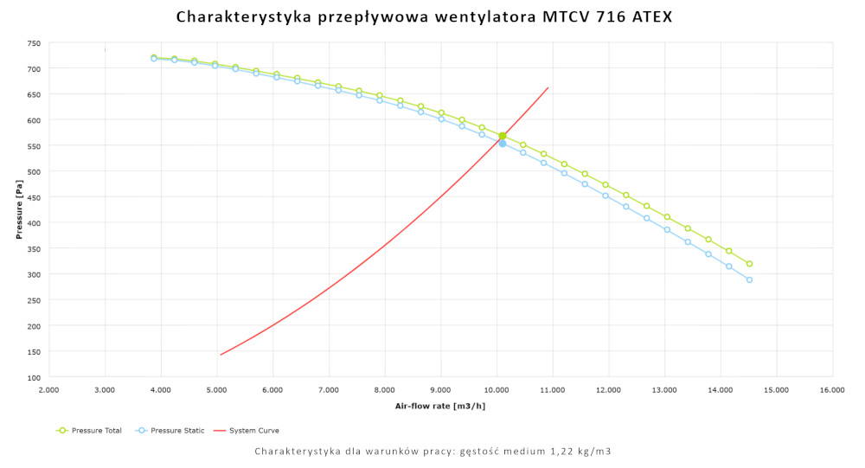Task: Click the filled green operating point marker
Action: (x=502, y=136)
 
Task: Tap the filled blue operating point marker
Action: (x=503, y=144)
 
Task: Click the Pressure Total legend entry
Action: (x=93, y=430)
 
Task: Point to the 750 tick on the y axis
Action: (x=34, y=42)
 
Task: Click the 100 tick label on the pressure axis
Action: (x=34, y=377)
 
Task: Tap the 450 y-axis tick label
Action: (x=34, y=197)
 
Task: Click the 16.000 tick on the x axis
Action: (x=832, y=391)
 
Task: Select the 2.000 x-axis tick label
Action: (x=49, y=391)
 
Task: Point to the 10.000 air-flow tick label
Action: (x=497, y=391)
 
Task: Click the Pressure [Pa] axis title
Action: (x=18, y=209)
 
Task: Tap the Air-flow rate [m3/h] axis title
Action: (x=439, y=406)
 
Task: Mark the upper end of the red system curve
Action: (x=548, y=87)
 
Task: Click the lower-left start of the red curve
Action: (x=221, y=355)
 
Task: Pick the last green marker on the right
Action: (x=749, y=264)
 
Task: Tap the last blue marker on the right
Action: (x=749, y=279)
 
